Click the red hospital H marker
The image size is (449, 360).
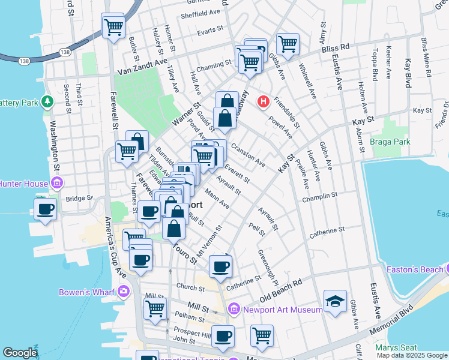pos(263,102)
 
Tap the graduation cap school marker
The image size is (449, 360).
pos(335,302)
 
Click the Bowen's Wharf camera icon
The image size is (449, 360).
pos(124,292)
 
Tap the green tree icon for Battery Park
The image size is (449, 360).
pos(47,102)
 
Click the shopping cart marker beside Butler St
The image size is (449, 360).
pos(113,26)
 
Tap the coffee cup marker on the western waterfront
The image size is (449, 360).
pos(45,209)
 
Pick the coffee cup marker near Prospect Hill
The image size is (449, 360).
pos(223,337)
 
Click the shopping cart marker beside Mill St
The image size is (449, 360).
pos(155,308)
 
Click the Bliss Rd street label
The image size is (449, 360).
pos(337,46)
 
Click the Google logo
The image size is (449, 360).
pos(20,353)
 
